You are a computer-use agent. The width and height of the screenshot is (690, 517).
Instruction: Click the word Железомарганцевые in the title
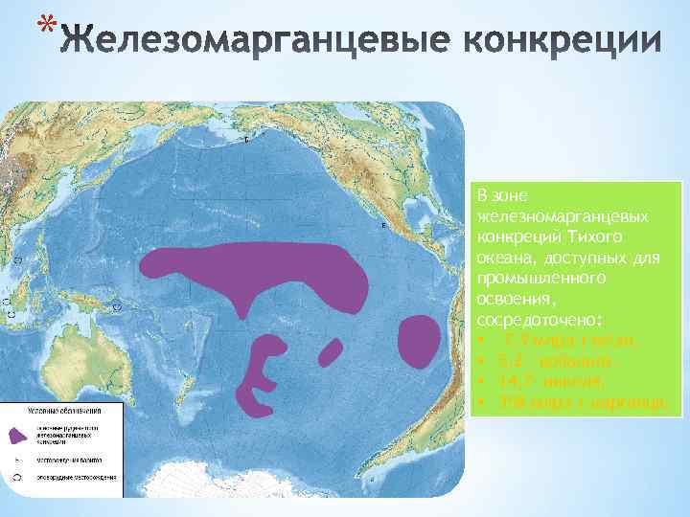pyautogui.click(x=240, y=40)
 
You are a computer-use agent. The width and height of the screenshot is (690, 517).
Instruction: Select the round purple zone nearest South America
pyautogui.click(x=417, y=341)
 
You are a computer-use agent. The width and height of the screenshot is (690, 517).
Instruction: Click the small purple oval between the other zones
pyautogui.click(x=329, y=353)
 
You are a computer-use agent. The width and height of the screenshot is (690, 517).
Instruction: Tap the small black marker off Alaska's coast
pyautogui.click(x=246, y=140)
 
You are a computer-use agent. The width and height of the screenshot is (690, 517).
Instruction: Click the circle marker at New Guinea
pyautogui.click(x=117, y=307)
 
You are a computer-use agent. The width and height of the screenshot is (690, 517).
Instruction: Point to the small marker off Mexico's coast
pyautogui.click(x=383, y=226)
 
